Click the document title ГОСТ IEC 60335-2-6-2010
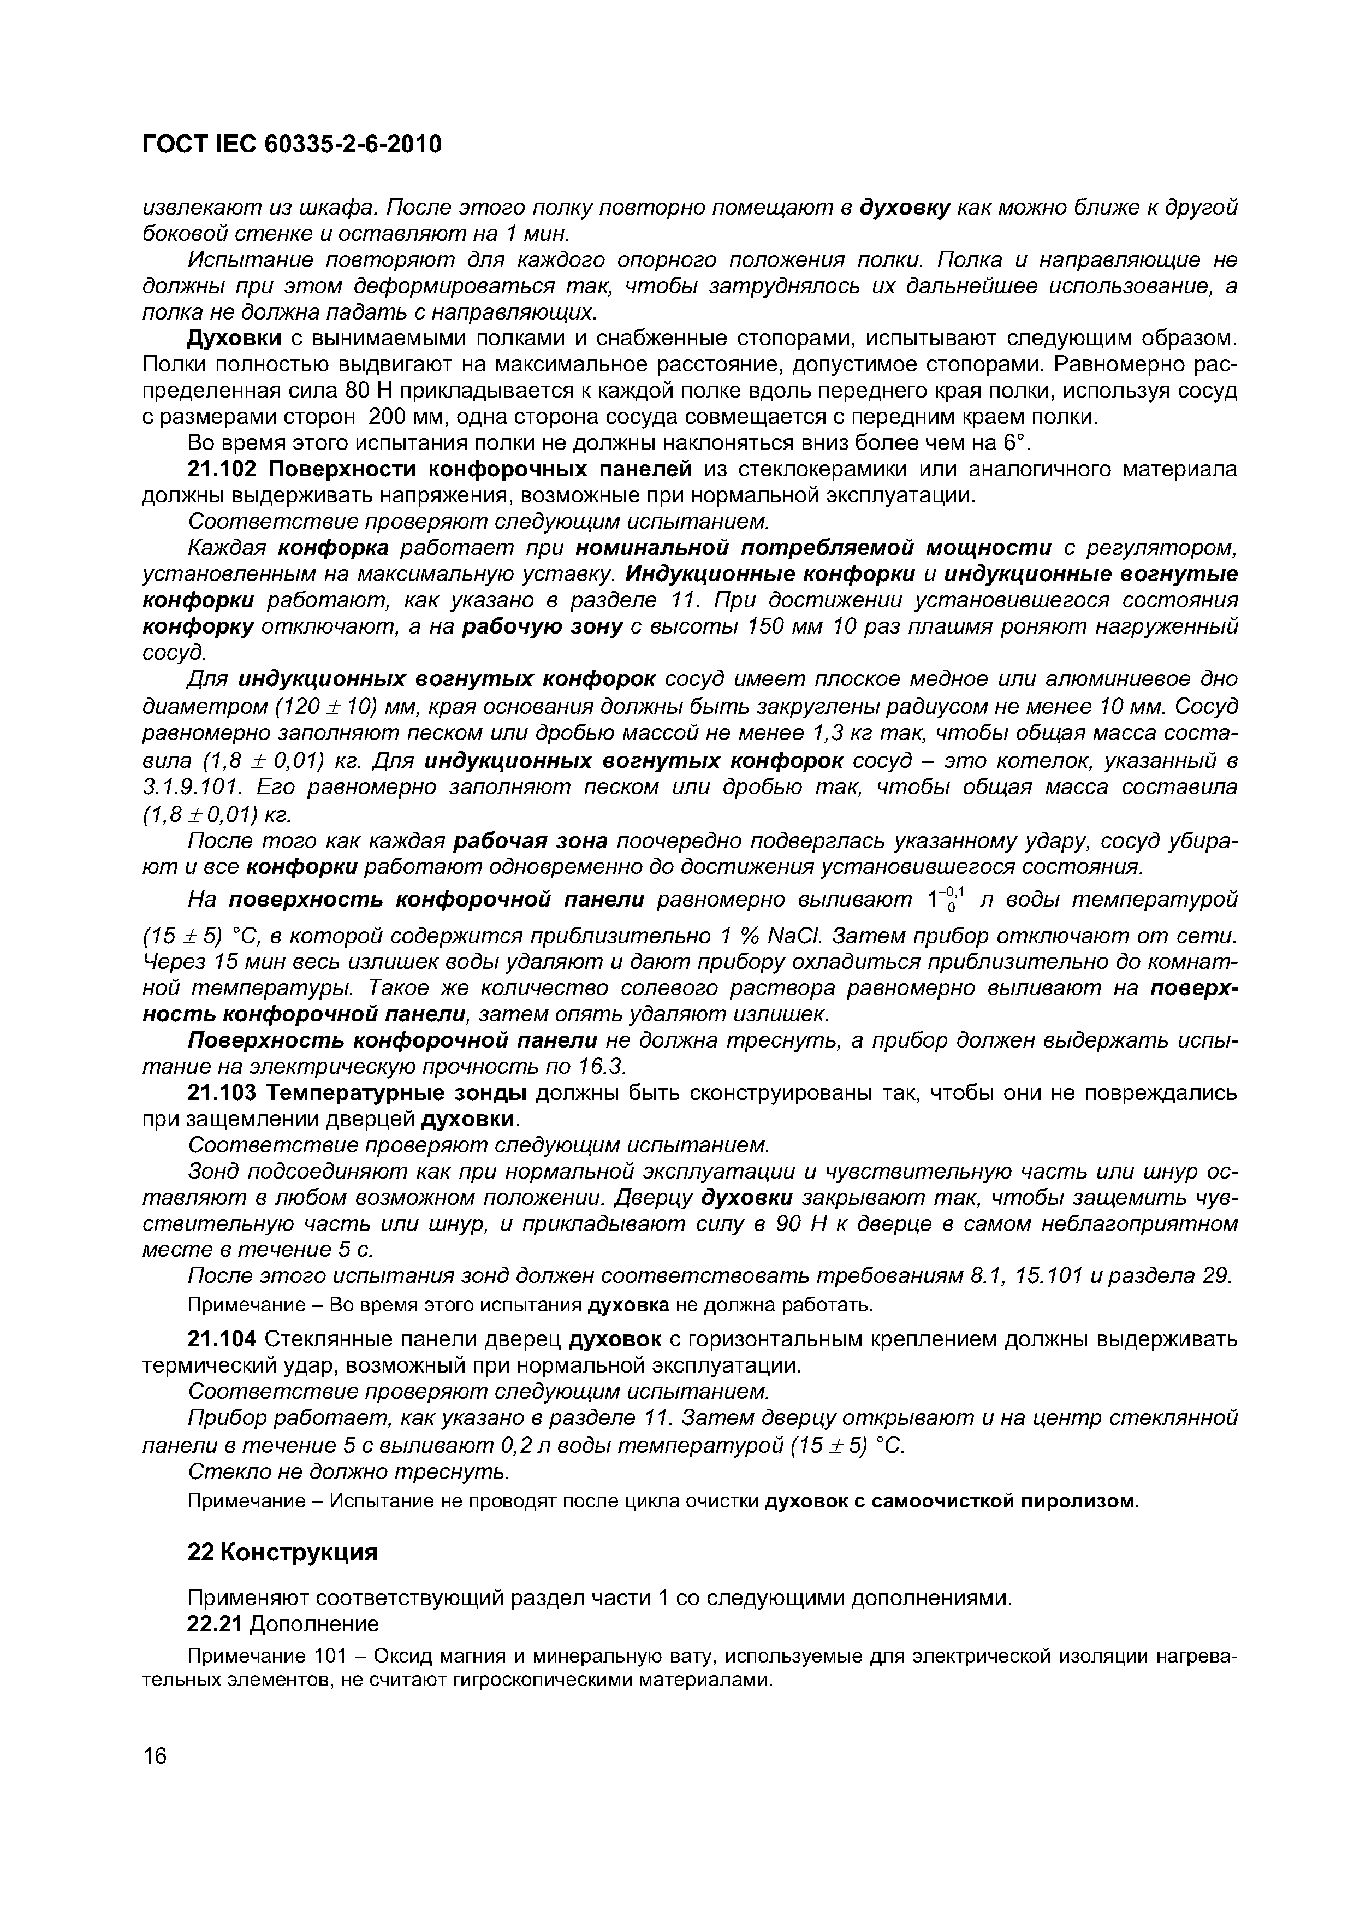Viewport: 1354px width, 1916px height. click(x=291, y=145)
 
